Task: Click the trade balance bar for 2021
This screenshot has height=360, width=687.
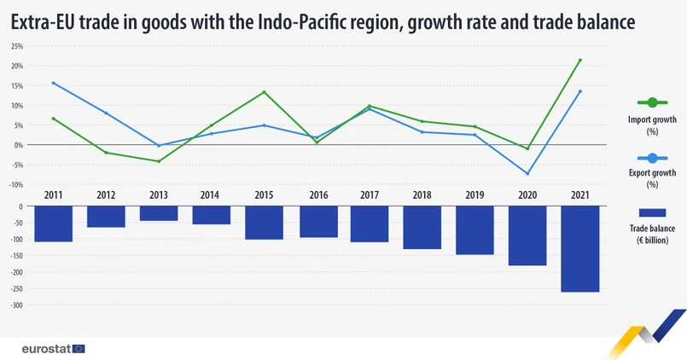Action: point(579,249)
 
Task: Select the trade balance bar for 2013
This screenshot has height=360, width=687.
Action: point(159,214)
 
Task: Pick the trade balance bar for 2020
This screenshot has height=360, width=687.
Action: point(527,235)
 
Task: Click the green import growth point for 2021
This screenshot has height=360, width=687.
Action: point(579,60)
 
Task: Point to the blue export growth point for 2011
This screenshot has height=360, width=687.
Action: point(53,83)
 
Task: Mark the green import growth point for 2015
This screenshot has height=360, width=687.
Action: point(264,92)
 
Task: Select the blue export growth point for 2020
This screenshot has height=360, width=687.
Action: point(527,173)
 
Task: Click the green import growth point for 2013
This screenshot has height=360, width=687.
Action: point(159,161)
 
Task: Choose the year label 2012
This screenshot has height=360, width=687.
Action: point(106,195)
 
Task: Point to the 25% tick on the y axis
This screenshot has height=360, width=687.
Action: point(17,46)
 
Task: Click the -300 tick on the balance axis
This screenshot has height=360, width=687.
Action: point(15,305)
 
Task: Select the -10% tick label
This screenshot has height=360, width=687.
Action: point(16,184)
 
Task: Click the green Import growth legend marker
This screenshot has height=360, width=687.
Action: point(651,102)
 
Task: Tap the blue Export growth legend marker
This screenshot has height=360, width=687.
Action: point(651,158)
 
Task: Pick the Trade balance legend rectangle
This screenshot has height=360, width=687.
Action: point(651,212)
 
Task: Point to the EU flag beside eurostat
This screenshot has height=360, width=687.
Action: point(79,348)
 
